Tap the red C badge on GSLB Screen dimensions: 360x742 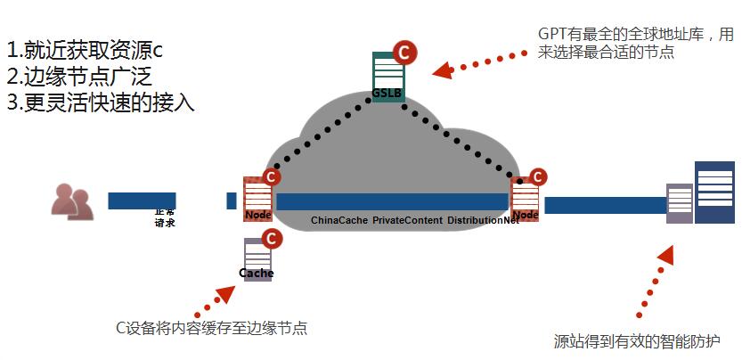404,52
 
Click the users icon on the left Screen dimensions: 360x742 71,200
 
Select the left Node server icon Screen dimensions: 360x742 257,200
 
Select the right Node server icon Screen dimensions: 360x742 524,200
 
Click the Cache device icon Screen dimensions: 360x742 257,259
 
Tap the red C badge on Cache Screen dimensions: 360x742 273,239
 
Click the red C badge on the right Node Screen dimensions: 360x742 538,177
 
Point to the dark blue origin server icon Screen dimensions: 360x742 715,192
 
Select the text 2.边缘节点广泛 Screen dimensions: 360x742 86,76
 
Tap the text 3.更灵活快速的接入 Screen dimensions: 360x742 100,102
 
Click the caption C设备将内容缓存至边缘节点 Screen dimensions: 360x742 212,327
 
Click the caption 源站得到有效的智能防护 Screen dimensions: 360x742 636,340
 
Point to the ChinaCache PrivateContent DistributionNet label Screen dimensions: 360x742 414,220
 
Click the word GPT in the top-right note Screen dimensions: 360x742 553,34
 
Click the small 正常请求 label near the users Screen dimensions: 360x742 165,217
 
